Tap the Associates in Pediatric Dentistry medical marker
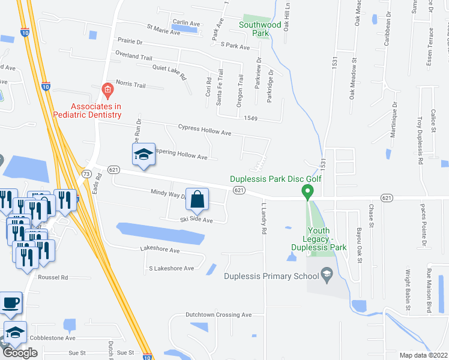pos(107,91)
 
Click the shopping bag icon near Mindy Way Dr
pos(197,199)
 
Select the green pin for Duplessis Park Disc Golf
pos(308,192)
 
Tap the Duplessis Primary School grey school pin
pos(327,275)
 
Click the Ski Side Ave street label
pos(196,220)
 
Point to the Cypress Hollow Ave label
pos(205,132)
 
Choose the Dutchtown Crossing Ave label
pos(218,314)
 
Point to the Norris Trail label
pos(130,85)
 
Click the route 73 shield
pos(86,173)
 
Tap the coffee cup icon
pos(11,302)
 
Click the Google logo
pos(20,353)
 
